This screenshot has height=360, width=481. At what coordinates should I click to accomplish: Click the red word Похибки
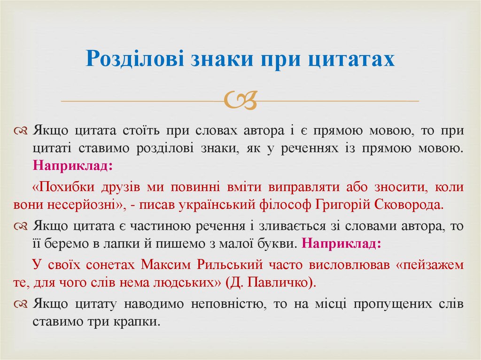pyautogui.click(x=65, y=187)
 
